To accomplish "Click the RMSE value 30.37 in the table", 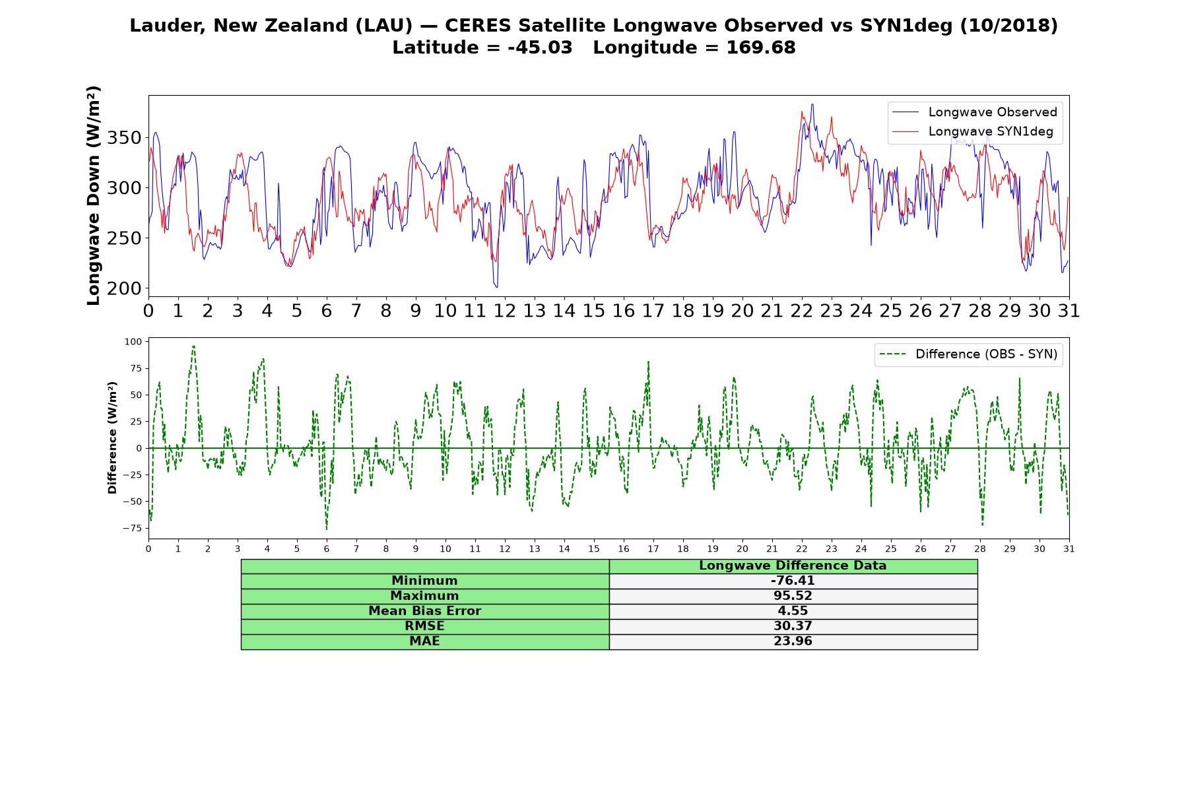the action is point(793,626).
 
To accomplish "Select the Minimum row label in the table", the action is point(424,581).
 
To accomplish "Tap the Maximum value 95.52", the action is point(793,596).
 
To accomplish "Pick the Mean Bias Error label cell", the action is point(424,611).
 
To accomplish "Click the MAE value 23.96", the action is point(793,641).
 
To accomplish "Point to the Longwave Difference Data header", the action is point(793,566).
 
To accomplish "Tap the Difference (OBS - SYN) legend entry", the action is point(968,354).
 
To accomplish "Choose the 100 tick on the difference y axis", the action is point(133,342).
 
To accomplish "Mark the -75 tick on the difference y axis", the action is point(132,528).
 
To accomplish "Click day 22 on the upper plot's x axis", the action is point(802,311).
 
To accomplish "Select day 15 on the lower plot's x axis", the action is point(594,549).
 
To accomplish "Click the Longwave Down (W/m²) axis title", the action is point(93,195).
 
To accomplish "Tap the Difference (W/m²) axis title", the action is point(112,438).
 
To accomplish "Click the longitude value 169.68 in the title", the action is point(761,48).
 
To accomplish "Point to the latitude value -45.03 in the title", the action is point(540,48).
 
